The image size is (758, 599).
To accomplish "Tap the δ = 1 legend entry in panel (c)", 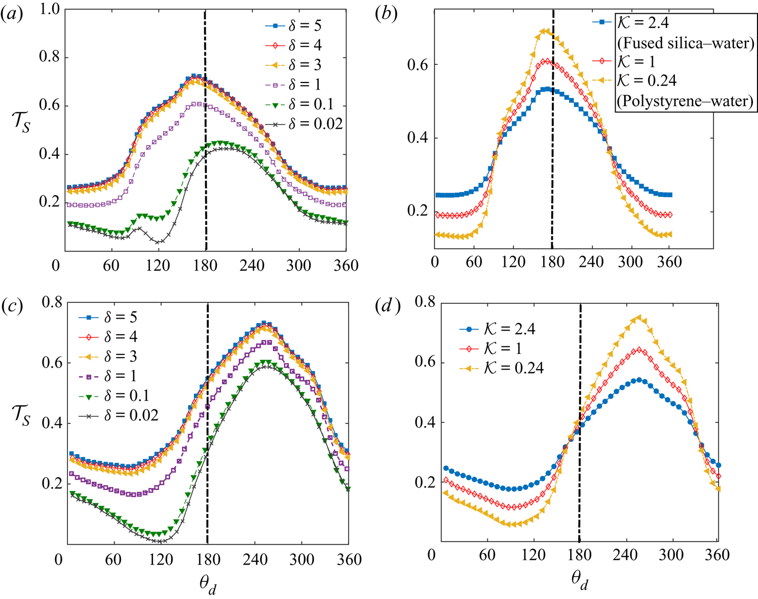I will (120, 376).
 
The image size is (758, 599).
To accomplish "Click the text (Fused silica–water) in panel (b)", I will (685, 43).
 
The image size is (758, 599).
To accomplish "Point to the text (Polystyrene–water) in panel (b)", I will (685, 101).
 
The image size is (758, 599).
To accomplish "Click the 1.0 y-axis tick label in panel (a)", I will (49, 9).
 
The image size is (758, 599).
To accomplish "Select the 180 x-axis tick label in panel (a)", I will (205, 265).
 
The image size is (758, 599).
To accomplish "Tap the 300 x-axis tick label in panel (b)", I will (631, 262).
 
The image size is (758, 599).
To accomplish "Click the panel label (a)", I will (11, 15).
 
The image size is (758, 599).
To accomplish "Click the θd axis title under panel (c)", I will (208, 585).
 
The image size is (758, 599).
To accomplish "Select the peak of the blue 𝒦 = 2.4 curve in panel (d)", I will (639, 380).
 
